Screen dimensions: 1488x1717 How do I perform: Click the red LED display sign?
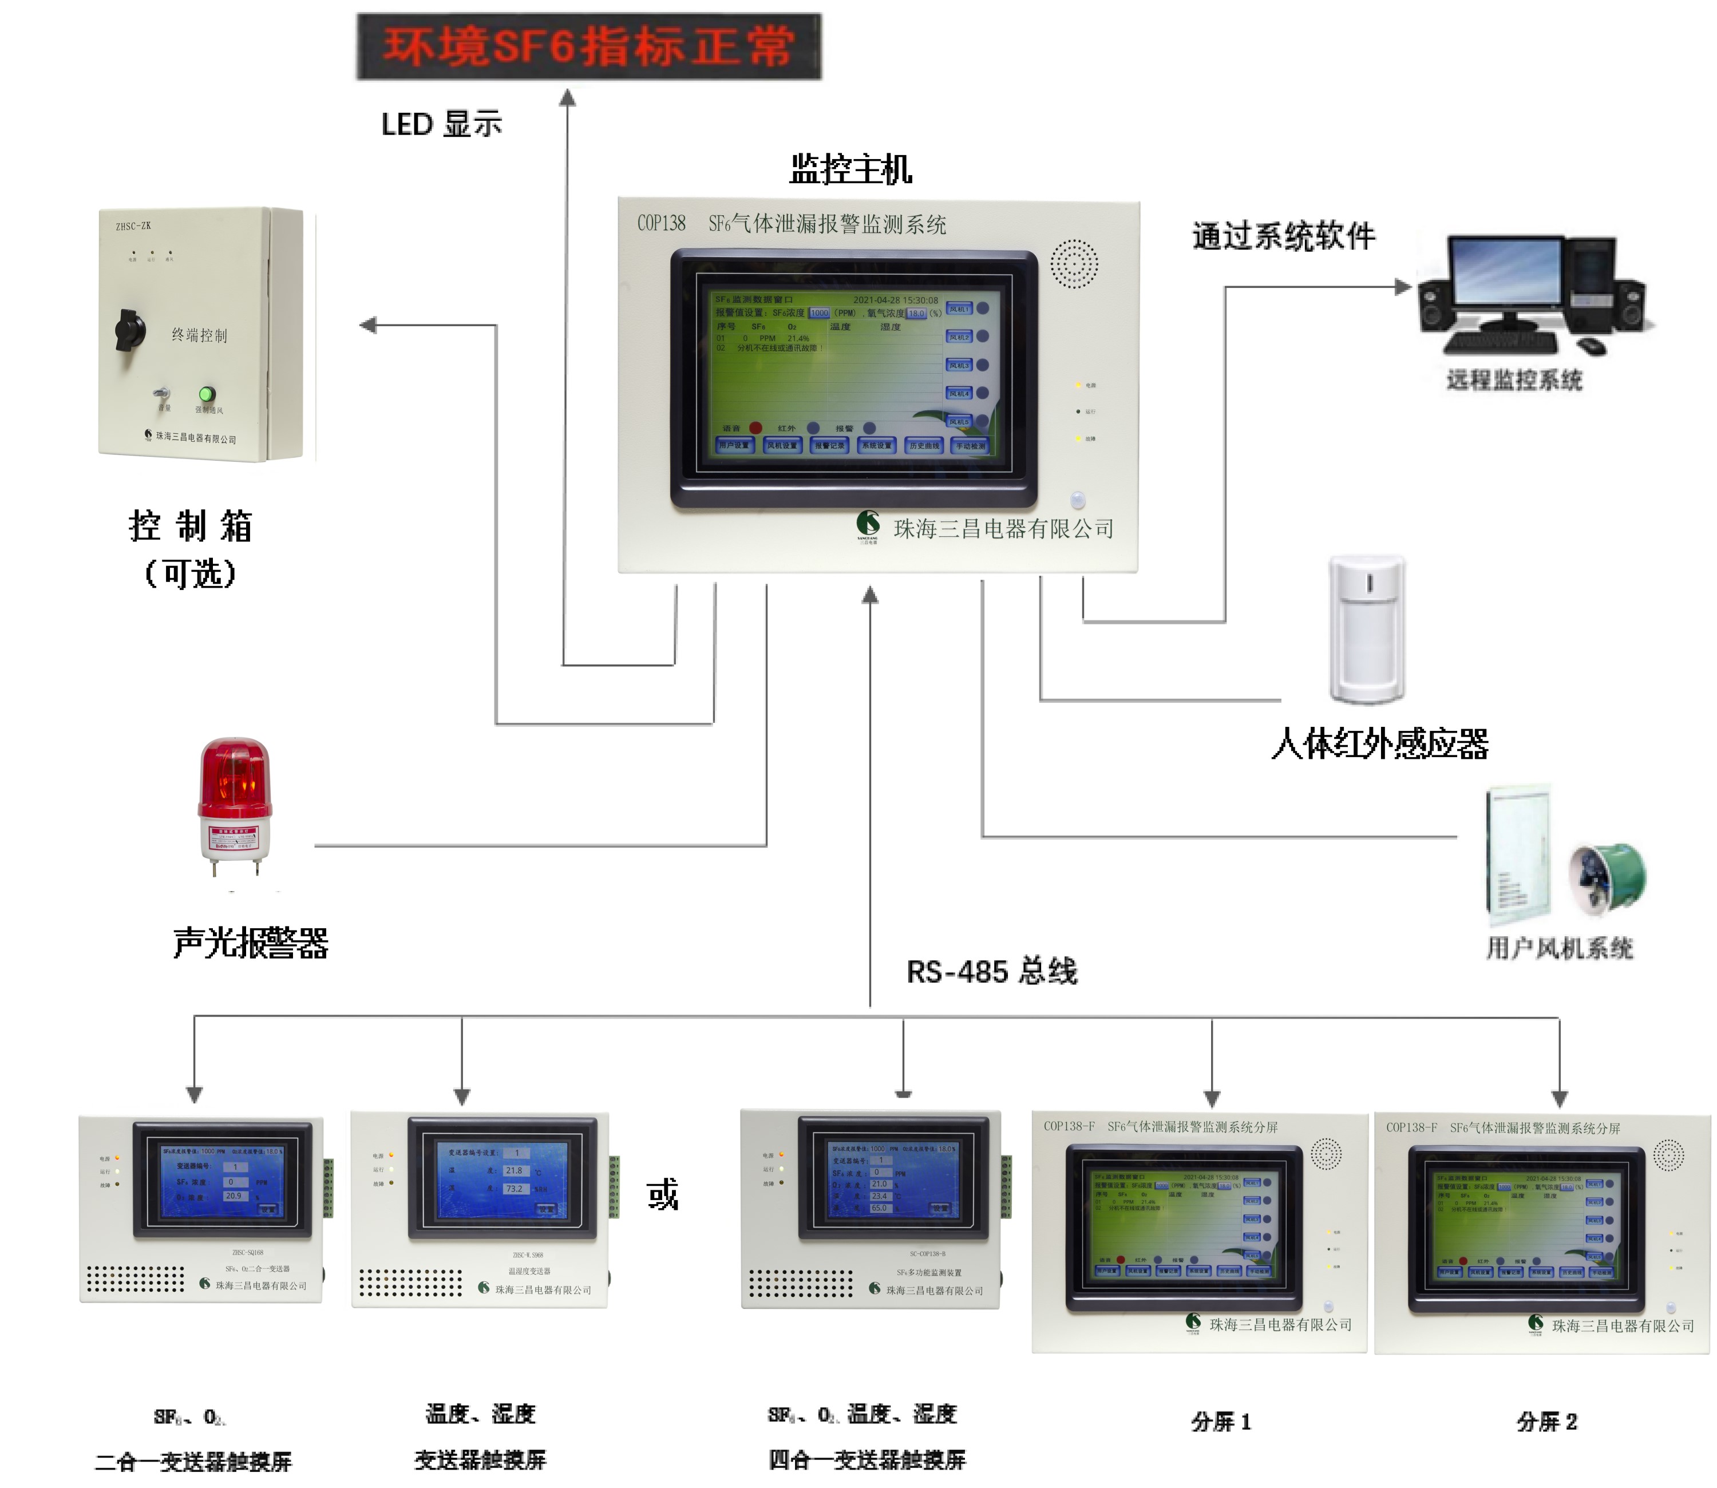[589, 46]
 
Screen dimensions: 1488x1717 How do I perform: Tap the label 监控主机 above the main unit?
[849, 169]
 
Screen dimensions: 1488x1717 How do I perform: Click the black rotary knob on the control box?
[129, 330]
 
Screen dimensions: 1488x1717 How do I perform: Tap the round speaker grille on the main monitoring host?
[1074, 264]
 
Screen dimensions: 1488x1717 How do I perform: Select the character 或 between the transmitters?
[663, 1194]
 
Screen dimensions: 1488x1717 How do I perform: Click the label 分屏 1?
[1220, 1422]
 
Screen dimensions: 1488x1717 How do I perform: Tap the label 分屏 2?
[1546, 1422]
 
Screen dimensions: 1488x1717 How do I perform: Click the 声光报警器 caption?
[251, 943]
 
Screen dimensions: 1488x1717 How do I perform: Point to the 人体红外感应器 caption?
[1379, 743]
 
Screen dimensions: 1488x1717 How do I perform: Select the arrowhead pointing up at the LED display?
[567, 98]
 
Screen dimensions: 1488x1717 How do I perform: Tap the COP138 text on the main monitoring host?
[661, 223]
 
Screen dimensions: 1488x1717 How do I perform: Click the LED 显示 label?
[442, 125]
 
